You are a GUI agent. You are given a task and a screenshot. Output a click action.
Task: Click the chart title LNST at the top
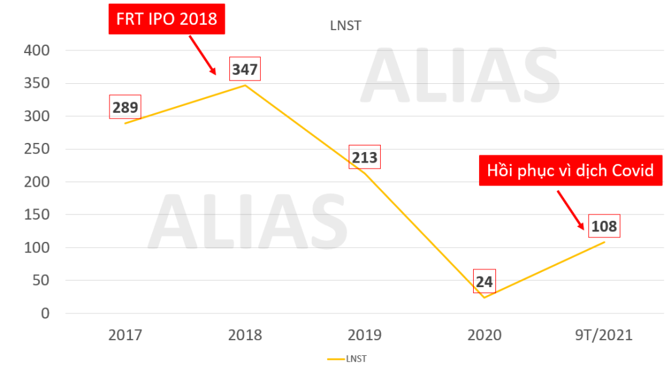click(x=345, y=26)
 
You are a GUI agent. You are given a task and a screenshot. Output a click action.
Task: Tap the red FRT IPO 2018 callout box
click(x=166, y=19)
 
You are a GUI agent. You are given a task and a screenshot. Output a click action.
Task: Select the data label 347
click(x=245, y=69)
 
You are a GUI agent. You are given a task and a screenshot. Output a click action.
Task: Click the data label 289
click(x=125, y=107)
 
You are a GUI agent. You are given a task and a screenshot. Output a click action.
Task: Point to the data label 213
click(x=364, y=157)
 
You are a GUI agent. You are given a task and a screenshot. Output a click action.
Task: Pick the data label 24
click(x=484, y=282)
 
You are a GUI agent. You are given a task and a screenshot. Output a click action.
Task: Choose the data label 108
click(x=604, y=225)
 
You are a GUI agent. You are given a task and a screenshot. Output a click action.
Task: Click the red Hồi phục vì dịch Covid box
click(x=571, y=170)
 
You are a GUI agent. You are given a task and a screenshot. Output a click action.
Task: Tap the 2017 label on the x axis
click(x=125, y=335)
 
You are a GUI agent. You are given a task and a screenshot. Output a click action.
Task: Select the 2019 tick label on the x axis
click(x=364, y=335)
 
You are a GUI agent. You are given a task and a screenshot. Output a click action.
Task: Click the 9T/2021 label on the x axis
click(x=604, y=335)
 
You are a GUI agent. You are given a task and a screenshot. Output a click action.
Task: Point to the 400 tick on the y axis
click(x=37, y=50)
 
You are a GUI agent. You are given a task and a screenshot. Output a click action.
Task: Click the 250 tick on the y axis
click(x=37, y=149)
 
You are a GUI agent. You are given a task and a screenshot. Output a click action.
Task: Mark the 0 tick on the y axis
click(x=45, y=313)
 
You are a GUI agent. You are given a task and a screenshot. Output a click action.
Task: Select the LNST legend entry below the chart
click(x=347, y=359)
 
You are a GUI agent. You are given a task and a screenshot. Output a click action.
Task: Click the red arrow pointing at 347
click(x=202, y=55)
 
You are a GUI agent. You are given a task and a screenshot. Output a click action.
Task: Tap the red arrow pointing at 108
click(x=571, y=210)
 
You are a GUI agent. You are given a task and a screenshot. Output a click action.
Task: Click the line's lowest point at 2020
click(x=484, y=298)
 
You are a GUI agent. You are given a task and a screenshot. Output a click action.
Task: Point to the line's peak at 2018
click(x=245, y=85)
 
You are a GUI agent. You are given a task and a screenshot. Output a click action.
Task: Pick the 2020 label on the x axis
click(x=484, y=335)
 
